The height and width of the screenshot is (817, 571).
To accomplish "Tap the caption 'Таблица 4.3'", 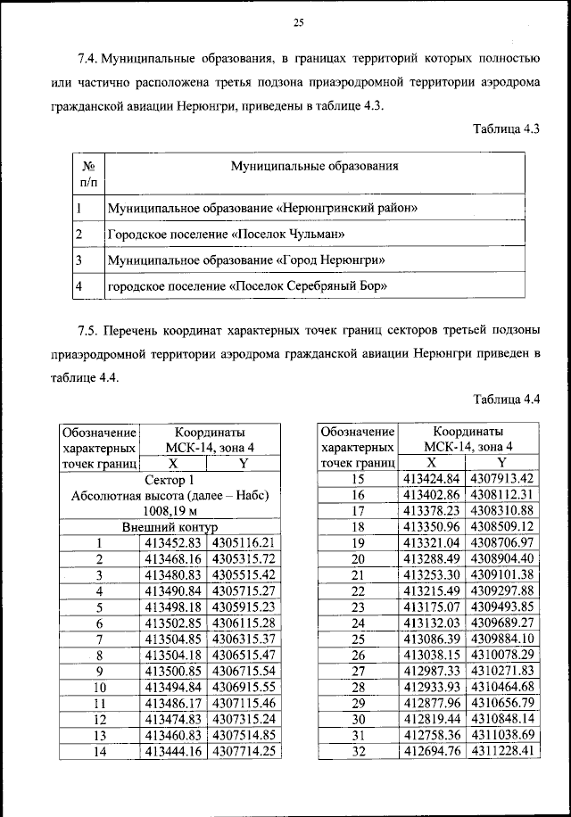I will pos(507,130).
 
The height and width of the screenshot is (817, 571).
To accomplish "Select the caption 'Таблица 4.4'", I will pos(507,399).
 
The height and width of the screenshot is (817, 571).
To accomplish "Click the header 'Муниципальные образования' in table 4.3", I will pos(314,166).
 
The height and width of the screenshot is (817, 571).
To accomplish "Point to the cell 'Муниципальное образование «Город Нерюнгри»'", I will pos(246,260).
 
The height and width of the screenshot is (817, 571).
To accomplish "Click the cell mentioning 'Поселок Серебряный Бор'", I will pos(246,287).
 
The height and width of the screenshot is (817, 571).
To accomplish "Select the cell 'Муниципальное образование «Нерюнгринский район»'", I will pos(263,209).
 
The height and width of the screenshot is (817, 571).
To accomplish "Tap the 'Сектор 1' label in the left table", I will pos(170,480).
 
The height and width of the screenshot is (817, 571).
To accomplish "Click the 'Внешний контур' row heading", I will pos(170,527).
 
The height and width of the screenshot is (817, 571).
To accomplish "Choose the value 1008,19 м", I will pos(170,511).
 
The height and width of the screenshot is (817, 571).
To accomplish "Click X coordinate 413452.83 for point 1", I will pos(174,542).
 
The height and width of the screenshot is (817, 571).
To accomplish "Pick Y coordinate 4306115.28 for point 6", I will pos(242,622).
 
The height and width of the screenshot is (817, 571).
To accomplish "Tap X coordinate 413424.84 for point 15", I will pos(431,479).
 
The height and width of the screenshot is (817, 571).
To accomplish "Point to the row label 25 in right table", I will pos(359,639).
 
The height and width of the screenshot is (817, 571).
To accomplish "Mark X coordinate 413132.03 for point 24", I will pos(431,623).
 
